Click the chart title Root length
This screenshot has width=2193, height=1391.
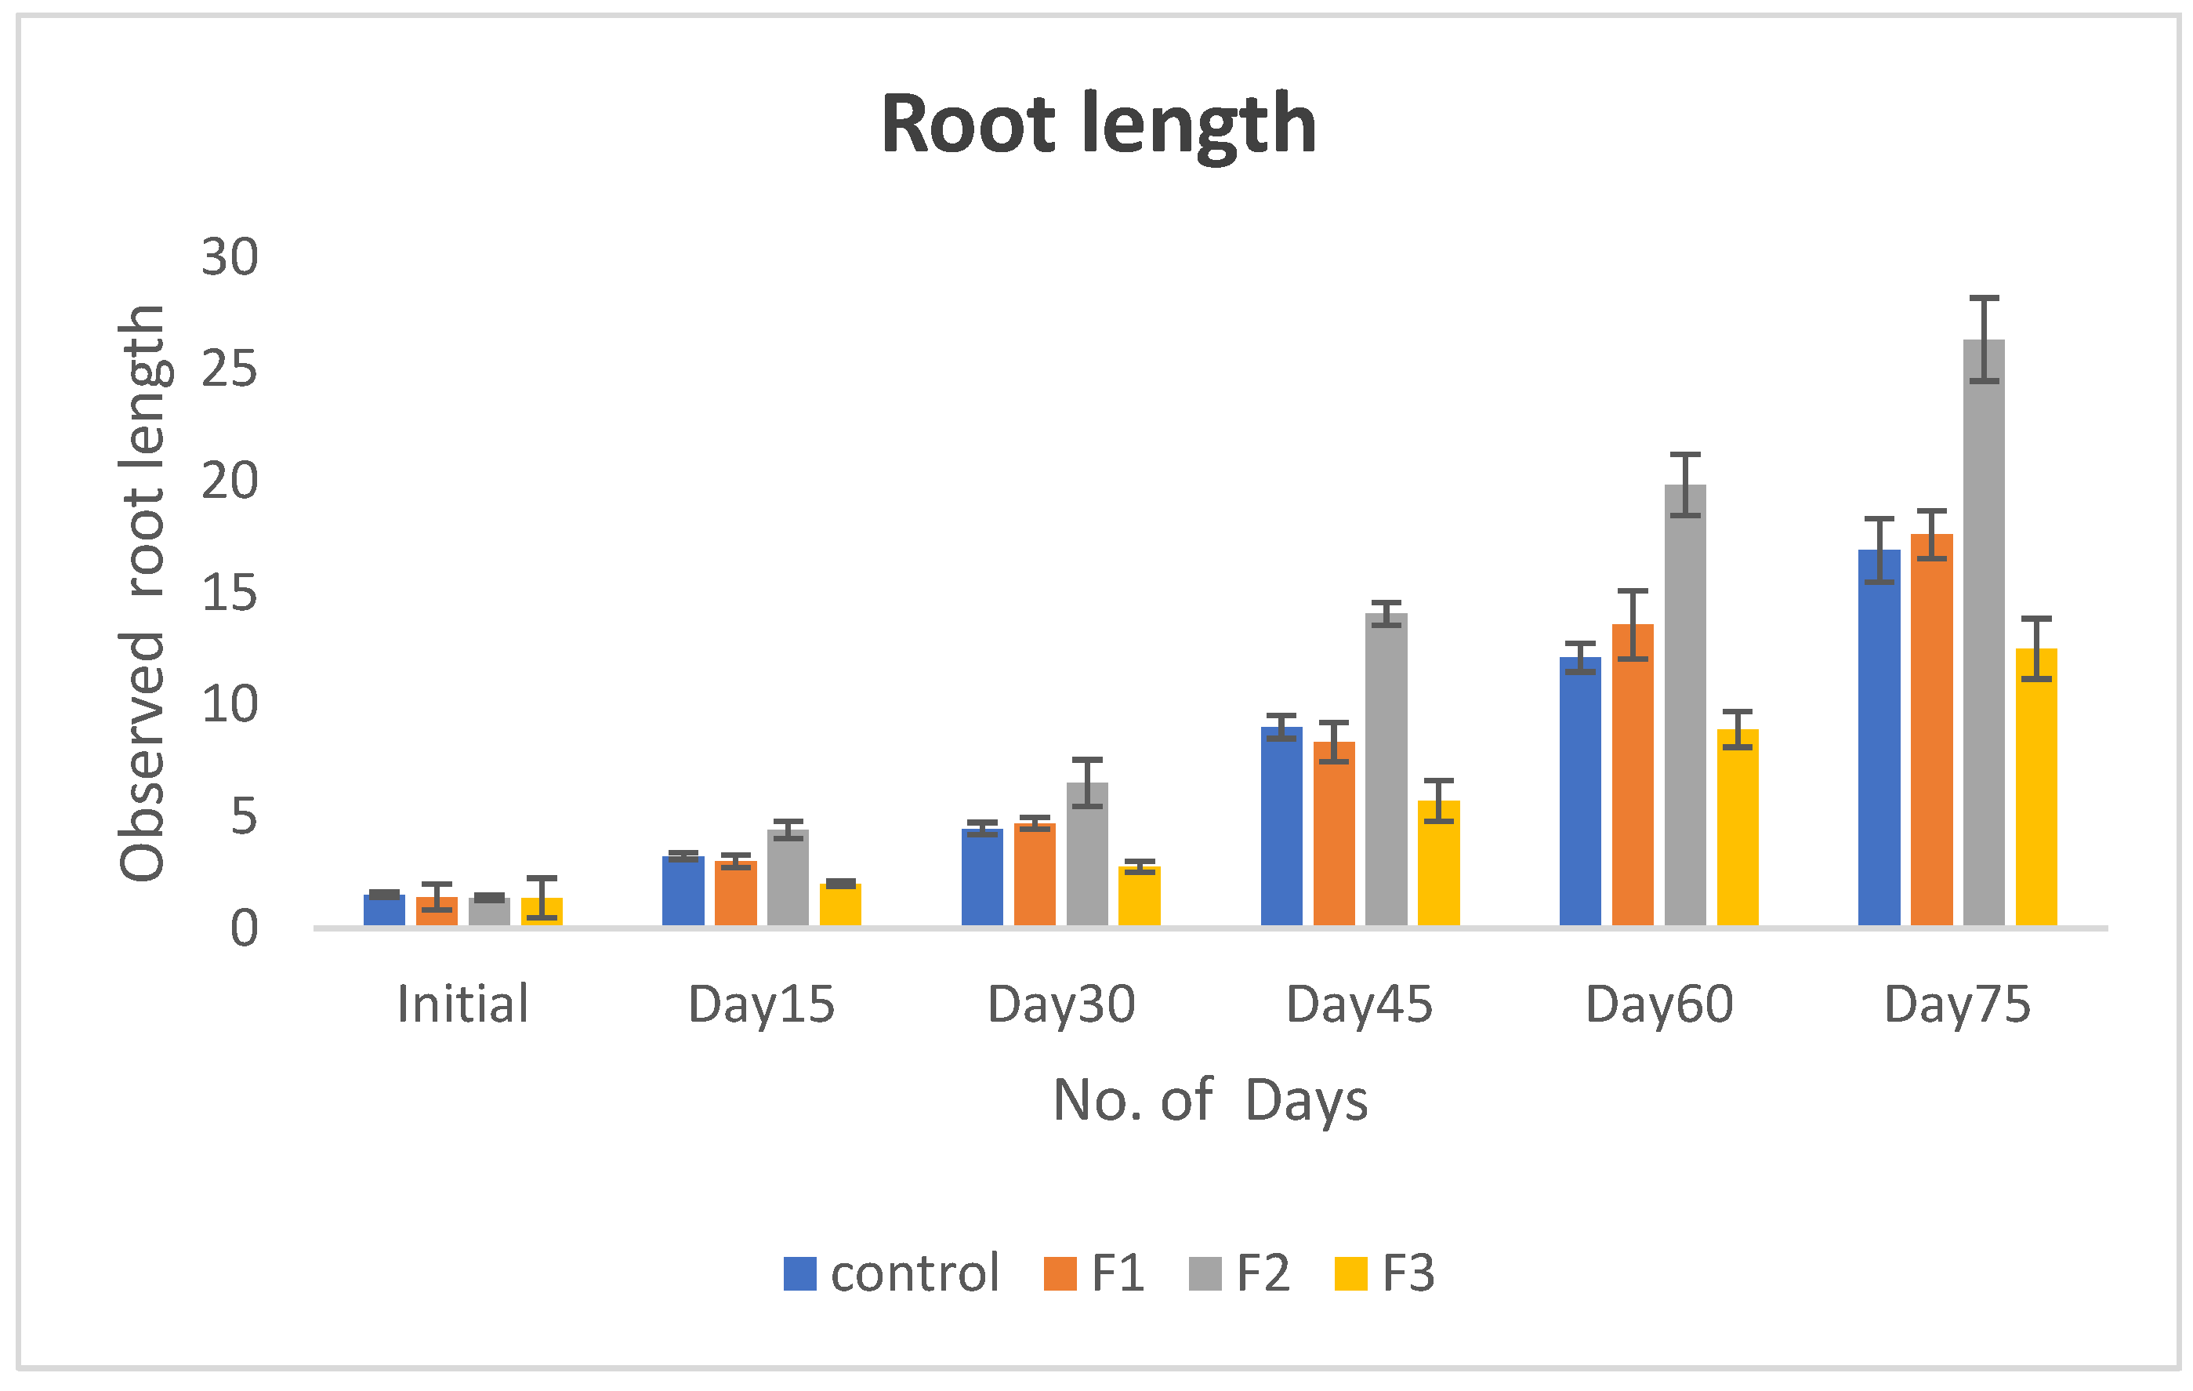point(1098,125)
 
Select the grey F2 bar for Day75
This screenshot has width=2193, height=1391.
point(1984,637)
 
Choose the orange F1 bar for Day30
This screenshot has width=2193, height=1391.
point(1035,874)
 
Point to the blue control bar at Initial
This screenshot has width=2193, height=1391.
point(384,910)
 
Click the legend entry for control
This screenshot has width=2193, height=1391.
point(892,1273)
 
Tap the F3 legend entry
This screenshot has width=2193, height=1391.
point(1384,1273)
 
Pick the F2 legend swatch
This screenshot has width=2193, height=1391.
point(1204,1273)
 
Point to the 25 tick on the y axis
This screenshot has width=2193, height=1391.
point(230,369)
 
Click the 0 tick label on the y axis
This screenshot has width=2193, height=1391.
point(243,929)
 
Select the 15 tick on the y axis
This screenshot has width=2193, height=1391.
point(230,593)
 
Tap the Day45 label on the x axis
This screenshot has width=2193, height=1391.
point(1359,1004)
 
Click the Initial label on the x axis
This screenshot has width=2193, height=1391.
point(462,1004)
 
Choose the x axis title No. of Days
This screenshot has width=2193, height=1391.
point(1209,1100)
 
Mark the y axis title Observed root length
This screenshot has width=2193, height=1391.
point(143,593)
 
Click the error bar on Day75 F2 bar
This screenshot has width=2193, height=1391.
point(1984,339)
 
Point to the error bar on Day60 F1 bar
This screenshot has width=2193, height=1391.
point(1633,625)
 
